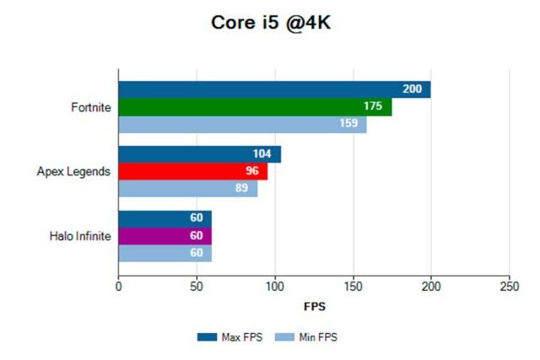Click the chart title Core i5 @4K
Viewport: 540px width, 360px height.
[269, 24]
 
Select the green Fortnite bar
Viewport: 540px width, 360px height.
[255, 107]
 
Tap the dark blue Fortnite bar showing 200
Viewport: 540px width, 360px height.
[274, 89]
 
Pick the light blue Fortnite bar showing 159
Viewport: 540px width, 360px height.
[242, 125]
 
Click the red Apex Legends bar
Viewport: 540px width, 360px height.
[192, 171]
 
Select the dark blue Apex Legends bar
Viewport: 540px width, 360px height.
[199, 154]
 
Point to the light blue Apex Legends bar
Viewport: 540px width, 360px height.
[187, 188]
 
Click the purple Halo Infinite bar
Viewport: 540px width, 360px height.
[165, 236]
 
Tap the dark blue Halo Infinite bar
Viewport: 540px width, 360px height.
[165, 218]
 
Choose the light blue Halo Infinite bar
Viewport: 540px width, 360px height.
[165, 253]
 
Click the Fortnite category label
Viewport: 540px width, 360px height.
[91, 107]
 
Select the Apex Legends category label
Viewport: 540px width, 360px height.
[73, 171]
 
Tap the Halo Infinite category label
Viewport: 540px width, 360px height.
[80, 236]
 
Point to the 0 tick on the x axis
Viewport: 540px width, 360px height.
[118, 286]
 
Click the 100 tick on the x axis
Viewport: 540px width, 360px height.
[274, 286]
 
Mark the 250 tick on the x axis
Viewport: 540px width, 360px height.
[509, 286]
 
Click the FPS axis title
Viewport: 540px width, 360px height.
[313, 305]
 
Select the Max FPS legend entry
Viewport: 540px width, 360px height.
[231, 337]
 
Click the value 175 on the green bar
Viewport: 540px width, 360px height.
[373, 107]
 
